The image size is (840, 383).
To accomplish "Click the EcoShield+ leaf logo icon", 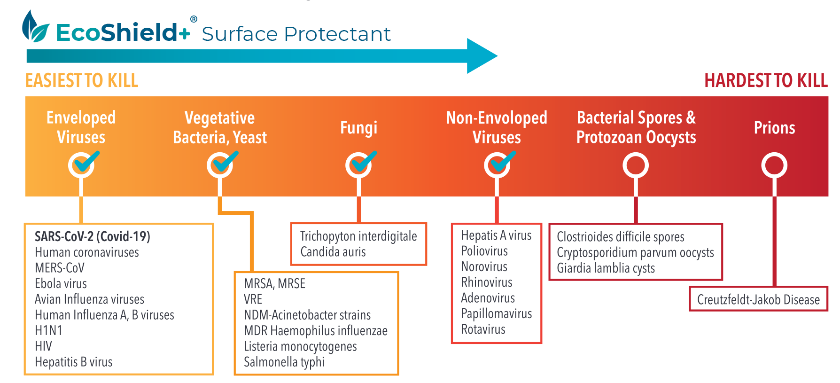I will coord(35,27).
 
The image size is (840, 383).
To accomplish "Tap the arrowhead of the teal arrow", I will coord(482,56).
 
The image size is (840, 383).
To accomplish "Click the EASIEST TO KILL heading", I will coord(82,81).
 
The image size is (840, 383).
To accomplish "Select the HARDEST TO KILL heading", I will coord(766,81).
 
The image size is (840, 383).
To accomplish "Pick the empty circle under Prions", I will coord(774,165).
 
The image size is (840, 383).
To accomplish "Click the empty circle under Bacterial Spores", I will coord(635,165).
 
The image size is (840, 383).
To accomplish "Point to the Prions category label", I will coord(774,128).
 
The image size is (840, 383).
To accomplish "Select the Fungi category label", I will coord(358,128).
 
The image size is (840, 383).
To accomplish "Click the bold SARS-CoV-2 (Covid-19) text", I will coord(93,236).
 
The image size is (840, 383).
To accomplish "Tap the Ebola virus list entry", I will coord(61,284).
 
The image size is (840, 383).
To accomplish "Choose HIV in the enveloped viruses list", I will coord(43,346).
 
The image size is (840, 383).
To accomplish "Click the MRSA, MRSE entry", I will coord(274,284).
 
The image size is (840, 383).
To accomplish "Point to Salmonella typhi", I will coord(284,362).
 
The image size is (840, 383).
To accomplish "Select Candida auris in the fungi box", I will coord(333,252).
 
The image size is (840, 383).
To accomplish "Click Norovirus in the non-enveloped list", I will coord(484,267).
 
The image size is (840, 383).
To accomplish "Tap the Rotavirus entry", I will coord(483,329).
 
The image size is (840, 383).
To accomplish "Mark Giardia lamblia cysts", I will coord(606,268).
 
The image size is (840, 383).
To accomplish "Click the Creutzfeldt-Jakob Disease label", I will coord(758,300).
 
